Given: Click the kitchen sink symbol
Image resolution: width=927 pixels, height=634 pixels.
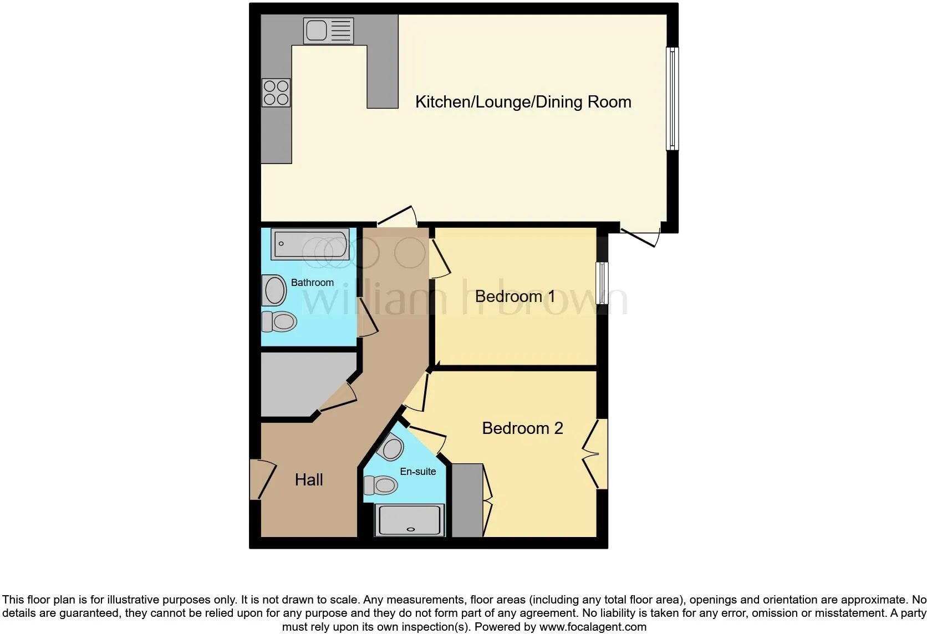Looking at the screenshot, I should pyautogui.click(x=328, y=30).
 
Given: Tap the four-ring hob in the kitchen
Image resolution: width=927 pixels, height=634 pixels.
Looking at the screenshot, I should pyautogui.click(x=276, y=93).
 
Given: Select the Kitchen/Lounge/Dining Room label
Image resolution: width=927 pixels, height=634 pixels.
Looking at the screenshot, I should pyautogui.click(x=523, y=102).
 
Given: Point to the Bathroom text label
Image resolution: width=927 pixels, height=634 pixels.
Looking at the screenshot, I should pyautogui.click(x=312, y=283).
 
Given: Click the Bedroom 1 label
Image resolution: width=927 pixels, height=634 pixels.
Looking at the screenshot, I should pyautogui.click(x=515, y=296).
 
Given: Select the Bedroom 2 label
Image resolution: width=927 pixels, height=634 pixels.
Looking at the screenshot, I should pyautogui.click(x=522, y=428).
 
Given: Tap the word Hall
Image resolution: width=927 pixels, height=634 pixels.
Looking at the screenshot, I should pyautogui.click(x=309, y=480).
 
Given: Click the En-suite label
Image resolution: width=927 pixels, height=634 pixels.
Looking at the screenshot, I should pyautogui.click(x=417, y=472).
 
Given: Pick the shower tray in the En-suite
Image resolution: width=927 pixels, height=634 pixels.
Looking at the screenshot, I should pyautogui.click(x=410, y=520).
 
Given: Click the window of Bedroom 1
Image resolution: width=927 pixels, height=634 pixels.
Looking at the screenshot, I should pyautogui.click(x=602, y=283).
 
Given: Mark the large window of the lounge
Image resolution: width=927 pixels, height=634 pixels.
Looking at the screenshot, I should pyautogui.click(x=672, y=99).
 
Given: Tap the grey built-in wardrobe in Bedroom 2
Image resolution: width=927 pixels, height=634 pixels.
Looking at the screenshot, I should pyautogui.click(x=467, y=500).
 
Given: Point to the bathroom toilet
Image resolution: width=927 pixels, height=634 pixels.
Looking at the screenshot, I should pyautogui.click(x=279, y=321).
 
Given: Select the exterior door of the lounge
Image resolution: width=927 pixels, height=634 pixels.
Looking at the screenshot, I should pyautogui.click(x=641, y=235).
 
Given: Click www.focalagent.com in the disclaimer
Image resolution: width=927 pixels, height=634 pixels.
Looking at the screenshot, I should pyautogui.click(x=592, y=627).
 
